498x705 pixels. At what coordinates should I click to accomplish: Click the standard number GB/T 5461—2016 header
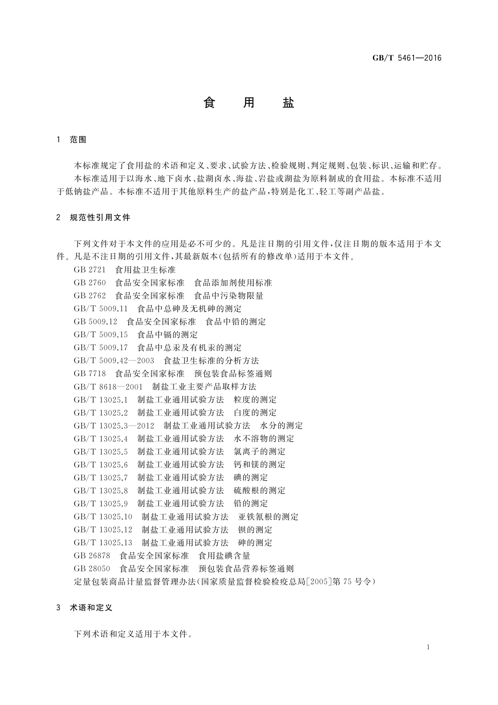(406, 58)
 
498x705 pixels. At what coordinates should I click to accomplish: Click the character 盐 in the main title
(288, 103)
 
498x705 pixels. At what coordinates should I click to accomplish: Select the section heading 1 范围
(72, 140)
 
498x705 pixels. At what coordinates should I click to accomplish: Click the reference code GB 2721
(89, 270)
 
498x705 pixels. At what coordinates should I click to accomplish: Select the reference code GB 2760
(89, 283)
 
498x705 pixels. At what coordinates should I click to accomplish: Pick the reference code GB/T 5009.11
(100, 309)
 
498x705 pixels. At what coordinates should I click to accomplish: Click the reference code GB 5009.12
(95, 322)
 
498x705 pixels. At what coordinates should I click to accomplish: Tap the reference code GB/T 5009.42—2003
(114, 360)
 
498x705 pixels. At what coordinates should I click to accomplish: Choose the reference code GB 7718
(89, 373)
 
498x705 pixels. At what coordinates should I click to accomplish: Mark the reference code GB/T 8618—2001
(108, 386)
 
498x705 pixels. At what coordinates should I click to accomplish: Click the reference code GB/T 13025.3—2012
(114, 426)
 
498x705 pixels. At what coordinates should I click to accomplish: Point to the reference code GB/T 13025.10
(103, 517)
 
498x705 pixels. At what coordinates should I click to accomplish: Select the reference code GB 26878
(92, 556)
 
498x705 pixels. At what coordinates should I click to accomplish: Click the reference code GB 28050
(92, 569)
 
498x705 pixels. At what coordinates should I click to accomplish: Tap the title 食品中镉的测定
(168, 334)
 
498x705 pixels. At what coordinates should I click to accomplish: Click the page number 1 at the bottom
(428, 647)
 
